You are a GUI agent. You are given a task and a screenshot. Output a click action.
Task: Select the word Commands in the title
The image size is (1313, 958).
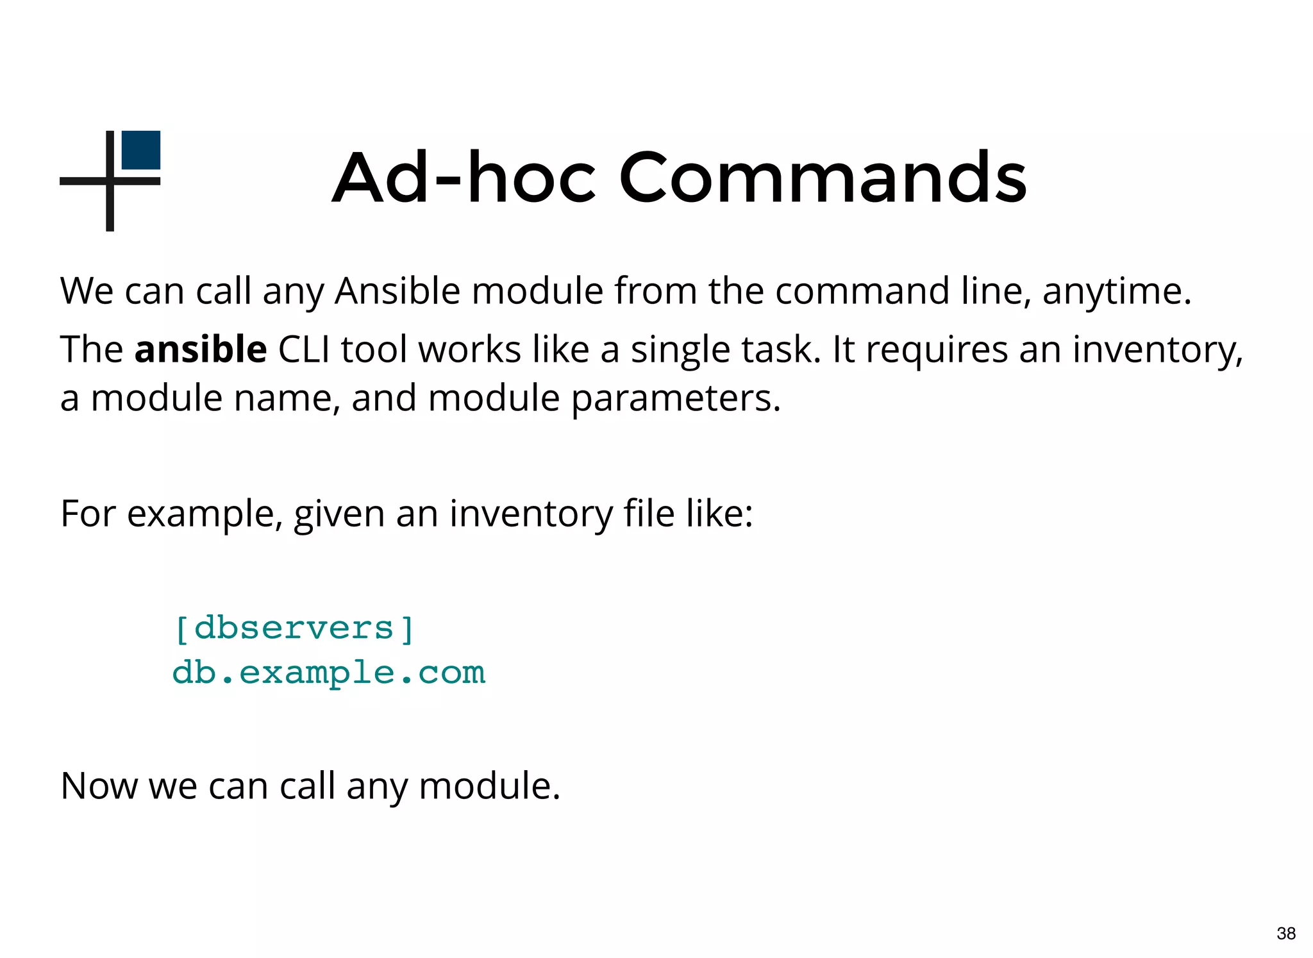(823, 177)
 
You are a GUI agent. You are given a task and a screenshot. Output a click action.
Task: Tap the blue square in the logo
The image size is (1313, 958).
(141, 150)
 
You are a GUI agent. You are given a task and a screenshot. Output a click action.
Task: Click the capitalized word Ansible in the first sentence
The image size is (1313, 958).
(397, 291)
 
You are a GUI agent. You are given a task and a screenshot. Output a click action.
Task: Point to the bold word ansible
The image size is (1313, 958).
(201, 350)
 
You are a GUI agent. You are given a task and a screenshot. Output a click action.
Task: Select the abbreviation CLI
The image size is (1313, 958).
(304, 350)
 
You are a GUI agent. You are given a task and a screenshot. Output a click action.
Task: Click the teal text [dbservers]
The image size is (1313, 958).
(294, 628)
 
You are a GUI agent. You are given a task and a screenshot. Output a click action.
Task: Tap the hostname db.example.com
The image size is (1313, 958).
(329, 673)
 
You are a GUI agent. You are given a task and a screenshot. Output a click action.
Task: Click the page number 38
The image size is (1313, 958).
(1286, 934)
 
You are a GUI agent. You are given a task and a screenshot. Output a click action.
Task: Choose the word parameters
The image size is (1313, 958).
(676, 399)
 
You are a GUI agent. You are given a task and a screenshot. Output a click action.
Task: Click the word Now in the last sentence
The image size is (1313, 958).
(99, 786)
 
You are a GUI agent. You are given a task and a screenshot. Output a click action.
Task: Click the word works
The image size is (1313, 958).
(469, 350)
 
